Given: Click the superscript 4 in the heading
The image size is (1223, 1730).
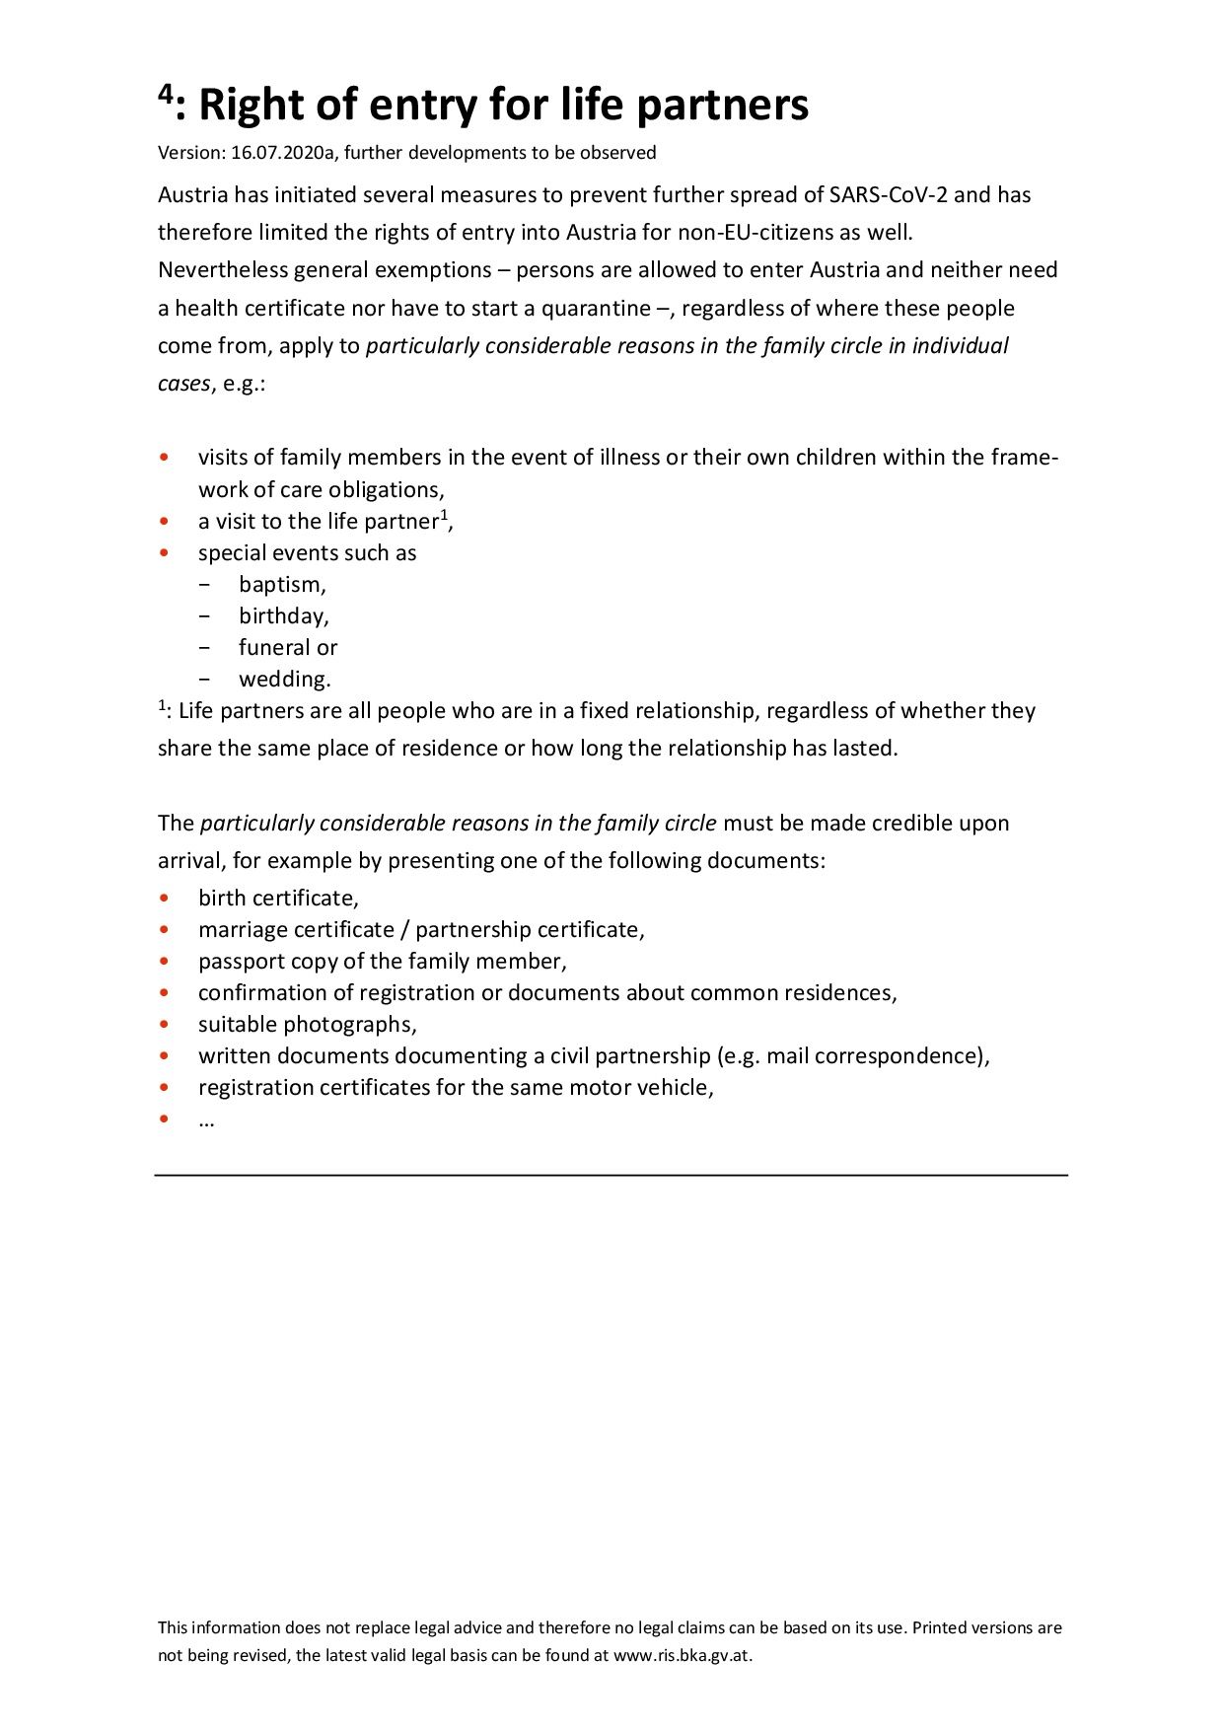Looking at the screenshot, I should pyautogui.click(x=166, y=96).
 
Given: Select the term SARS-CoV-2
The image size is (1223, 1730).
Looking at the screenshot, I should pyautogui.click(x=889, y=195).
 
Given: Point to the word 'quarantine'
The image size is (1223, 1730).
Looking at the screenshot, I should pyautogui.click(x=596, y=309).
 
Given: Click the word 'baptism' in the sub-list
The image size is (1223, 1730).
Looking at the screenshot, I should pyautogui.click(x=280, y=585).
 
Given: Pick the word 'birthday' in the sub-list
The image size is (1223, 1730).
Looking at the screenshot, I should pyautogui.click(x=282, y=616).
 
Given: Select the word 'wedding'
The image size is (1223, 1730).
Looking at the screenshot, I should pyautogui.click(x=283, y=680).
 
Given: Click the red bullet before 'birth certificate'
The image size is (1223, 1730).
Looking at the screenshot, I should pyautogui.click(x=165, y=899).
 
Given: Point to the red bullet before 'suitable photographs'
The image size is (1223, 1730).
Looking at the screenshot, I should pyautogui.click(x=165, y=1025).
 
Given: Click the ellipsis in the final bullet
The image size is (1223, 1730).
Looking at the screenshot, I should pyautogui.click(x=206, y=1121).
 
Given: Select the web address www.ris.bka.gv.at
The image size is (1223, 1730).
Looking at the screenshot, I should pyautogui.click(x=682, y=1656).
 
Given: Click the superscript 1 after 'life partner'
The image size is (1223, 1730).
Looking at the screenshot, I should pyautogui.click(x=445, y=514).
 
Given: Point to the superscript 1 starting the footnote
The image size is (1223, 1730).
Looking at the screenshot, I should pyautogui.click(x=162, y=705).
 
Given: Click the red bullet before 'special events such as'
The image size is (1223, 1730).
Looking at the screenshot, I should pyautogui.click(x=165, y=553).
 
